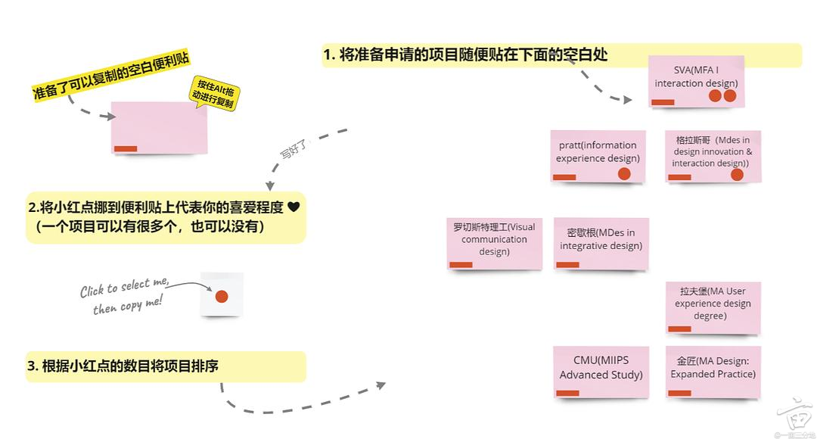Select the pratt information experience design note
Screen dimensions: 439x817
click(x=598, y=155)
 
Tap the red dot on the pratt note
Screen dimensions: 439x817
click(x=624, y=173)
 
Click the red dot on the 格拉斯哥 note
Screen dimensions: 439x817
click(x=737, y=175)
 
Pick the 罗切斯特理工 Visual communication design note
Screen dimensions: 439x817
click(x=494, y=242)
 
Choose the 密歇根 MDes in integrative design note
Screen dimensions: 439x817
click(x=601, y=242)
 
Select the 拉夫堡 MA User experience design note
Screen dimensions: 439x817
click(x=713, y=307)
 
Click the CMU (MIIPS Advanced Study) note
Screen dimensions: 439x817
click(x=601, y=371)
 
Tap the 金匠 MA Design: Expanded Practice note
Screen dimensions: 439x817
click(x=713, y=371)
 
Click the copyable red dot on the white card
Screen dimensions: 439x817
click(x=222, y=296)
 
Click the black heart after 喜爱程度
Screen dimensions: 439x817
click(x=294, y=207)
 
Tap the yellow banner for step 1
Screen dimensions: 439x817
click(x=561, y=55)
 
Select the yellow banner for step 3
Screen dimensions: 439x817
click(x=166, y=366)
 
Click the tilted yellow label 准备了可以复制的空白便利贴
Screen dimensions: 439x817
click(x=110, y=77)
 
